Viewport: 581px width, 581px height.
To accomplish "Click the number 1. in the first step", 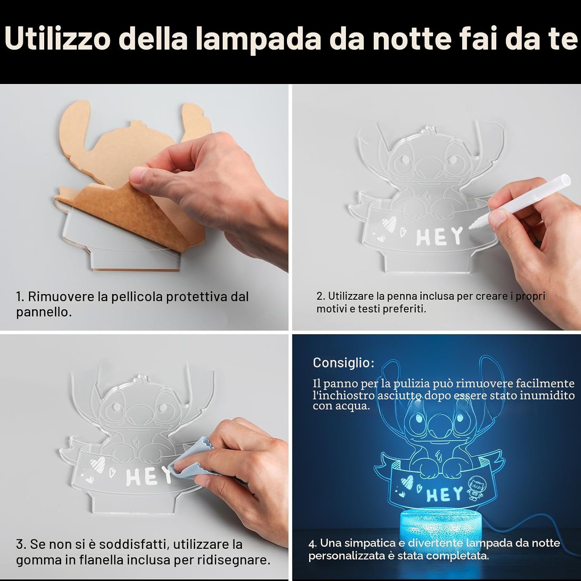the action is point(20,297).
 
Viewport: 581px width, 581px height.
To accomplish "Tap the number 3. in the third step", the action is point(21,544).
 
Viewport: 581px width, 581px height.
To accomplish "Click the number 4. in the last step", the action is point(313,543).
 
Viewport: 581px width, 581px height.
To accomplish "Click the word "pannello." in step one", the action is point(44,312).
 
